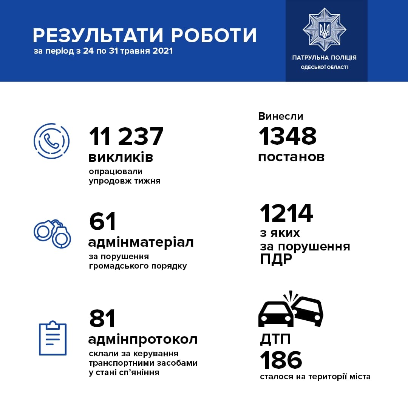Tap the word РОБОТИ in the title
[x=214, y=35]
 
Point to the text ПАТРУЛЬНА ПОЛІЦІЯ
[x=324, y=58]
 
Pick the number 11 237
[x=126, y=136]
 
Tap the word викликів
[x=121, y=157]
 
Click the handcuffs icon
[x=53, y=233]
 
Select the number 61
[x=102, y=222]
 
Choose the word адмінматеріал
[x=141, y=242]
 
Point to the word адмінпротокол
[x=143, y=339]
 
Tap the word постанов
[x=291, y=157]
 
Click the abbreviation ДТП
[x=275, y=339]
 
